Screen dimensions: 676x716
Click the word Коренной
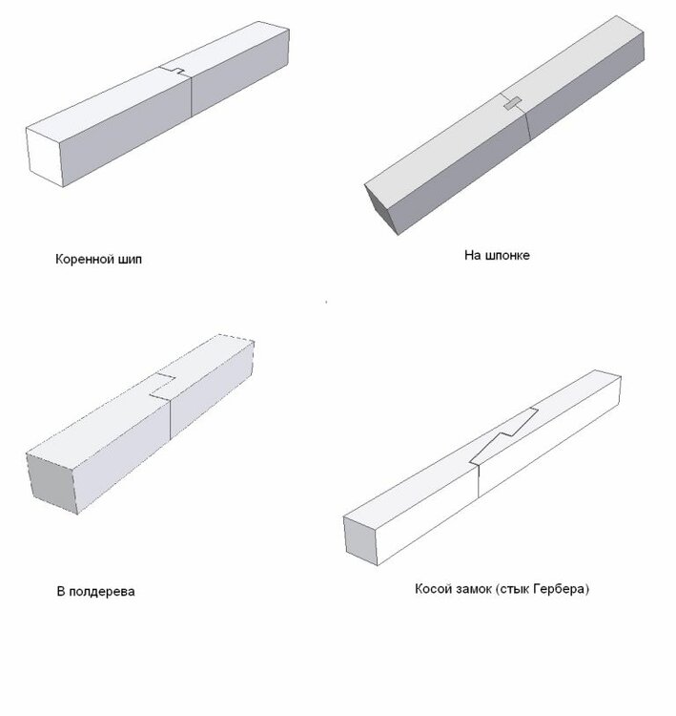tap(84, 260)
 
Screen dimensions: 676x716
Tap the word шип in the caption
tap(130, 260)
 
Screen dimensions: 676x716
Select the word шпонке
tap(507, 255)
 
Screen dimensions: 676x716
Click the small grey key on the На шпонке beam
tap(513, 104)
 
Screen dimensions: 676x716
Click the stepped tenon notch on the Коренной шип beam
tap(174, 71)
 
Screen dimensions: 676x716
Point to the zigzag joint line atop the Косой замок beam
tap(504, 436)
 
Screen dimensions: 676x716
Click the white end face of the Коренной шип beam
tap(44, 157)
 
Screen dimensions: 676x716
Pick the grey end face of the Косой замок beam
tap(360, 541)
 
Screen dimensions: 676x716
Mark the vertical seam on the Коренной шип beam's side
tap(191, 95)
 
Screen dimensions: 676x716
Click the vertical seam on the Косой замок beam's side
tap(479, 481)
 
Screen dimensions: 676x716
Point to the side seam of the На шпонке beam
tap(527, 125)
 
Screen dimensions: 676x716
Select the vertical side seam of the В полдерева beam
tap(170, 421)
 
